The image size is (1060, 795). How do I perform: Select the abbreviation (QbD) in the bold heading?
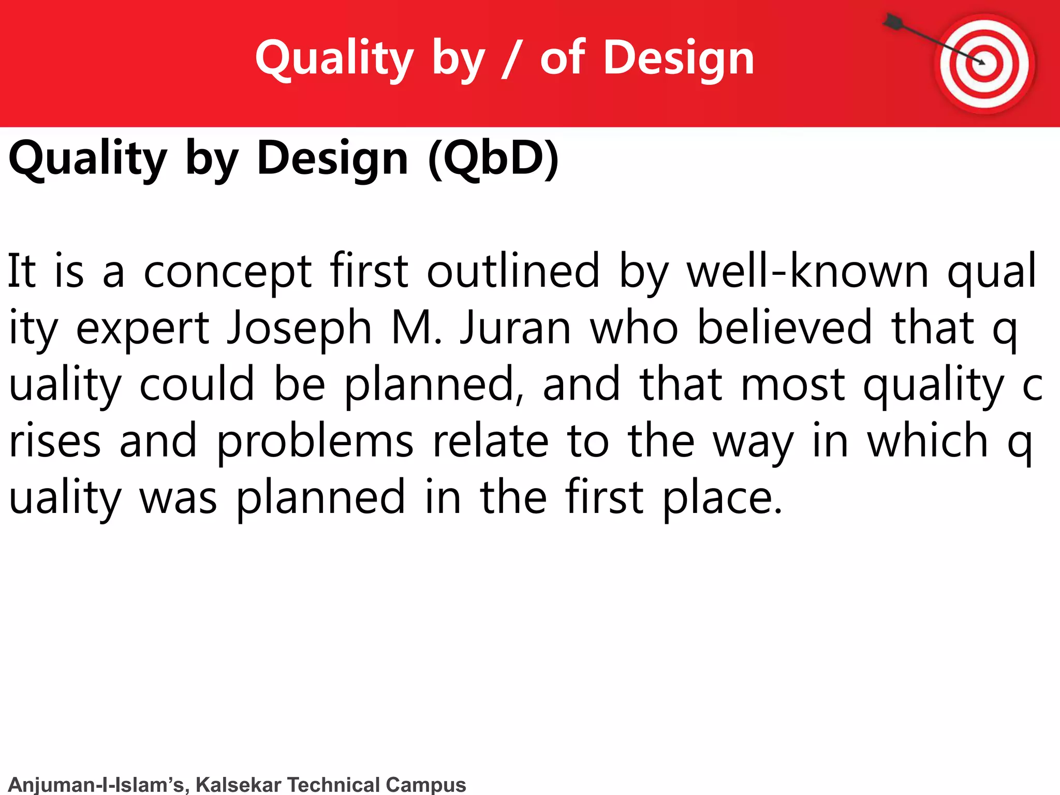[493, 158]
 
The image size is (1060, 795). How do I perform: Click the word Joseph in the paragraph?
[300, 328]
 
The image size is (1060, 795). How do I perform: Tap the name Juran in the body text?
[516, 328]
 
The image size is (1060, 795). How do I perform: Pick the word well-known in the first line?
[807, 271]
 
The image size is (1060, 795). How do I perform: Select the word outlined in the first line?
[512, 271]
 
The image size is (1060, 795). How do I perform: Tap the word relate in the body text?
[490, 441]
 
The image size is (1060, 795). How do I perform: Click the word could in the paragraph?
[197, 384]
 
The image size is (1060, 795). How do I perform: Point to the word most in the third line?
[793, 385]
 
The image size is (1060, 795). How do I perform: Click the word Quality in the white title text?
[334, 58]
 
